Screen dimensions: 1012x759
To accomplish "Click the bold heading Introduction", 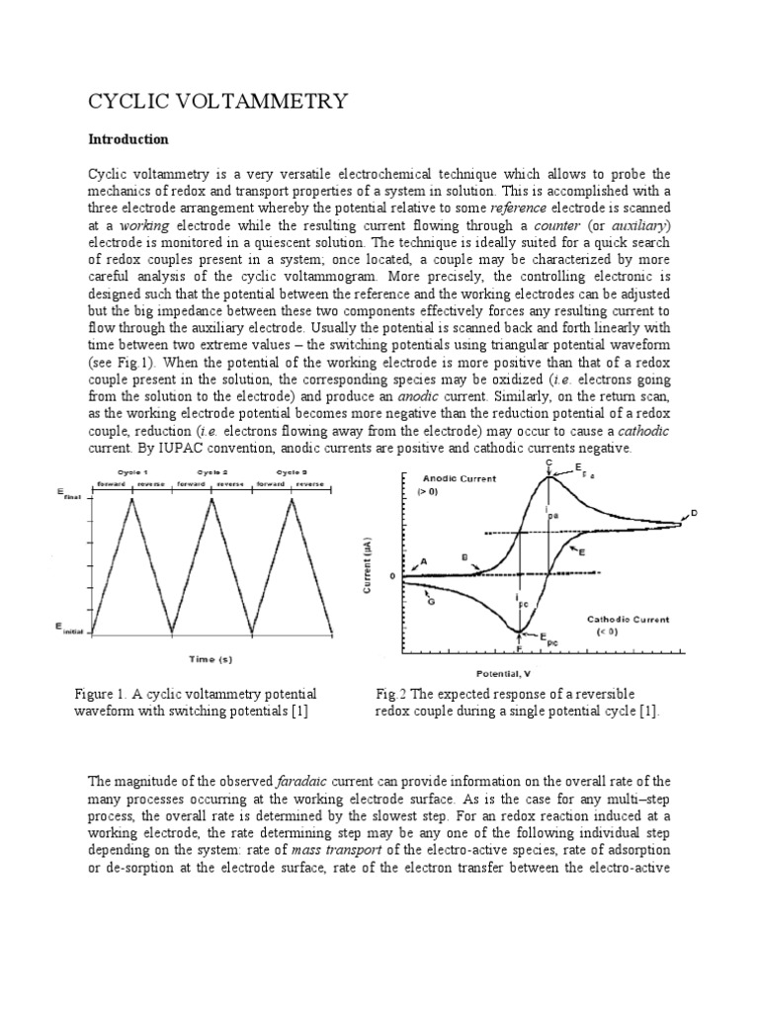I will tap(128, 139).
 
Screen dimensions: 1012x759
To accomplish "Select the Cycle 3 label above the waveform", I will tap(293, 472).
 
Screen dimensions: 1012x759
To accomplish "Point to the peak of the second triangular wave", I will tap(211, 497).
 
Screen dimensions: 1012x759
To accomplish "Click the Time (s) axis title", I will tap(211, 658).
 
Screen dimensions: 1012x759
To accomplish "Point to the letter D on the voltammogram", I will tap(693, 512).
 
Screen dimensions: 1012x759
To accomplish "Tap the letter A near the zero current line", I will tap(424, 561).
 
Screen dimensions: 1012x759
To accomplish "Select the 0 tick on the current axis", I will tap(391, 575).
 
